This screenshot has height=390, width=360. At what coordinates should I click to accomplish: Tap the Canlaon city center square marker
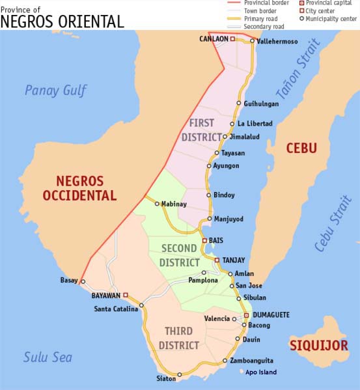[x=232, y=39]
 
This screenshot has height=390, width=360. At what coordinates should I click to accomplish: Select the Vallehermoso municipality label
[x=277, y=41]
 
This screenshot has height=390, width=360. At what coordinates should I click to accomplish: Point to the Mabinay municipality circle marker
[x=157, y=203]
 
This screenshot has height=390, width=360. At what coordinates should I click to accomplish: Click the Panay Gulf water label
[x=55, y=91]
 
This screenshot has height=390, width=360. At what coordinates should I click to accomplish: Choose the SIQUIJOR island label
[x=319, y=345]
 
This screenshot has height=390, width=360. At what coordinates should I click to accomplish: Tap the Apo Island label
[x=261, y=372]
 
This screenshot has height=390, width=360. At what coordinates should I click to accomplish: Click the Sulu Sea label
[x=48, y=357]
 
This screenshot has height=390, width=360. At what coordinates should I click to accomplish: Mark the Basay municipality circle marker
[x=83, y=282]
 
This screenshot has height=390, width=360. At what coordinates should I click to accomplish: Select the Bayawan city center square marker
[x=126, y=295]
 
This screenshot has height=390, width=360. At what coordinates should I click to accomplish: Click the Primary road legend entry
[x=262, y=19]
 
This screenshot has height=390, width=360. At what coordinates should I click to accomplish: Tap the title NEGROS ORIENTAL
[x=62, y=21]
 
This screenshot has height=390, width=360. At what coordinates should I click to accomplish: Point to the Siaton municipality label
[x=166, y=378]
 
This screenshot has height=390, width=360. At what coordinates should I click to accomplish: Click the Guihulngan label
[x=261, y=104]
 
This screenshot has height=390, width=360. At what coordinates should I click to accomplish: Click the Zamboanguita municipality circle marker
[x=225, y=360]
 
